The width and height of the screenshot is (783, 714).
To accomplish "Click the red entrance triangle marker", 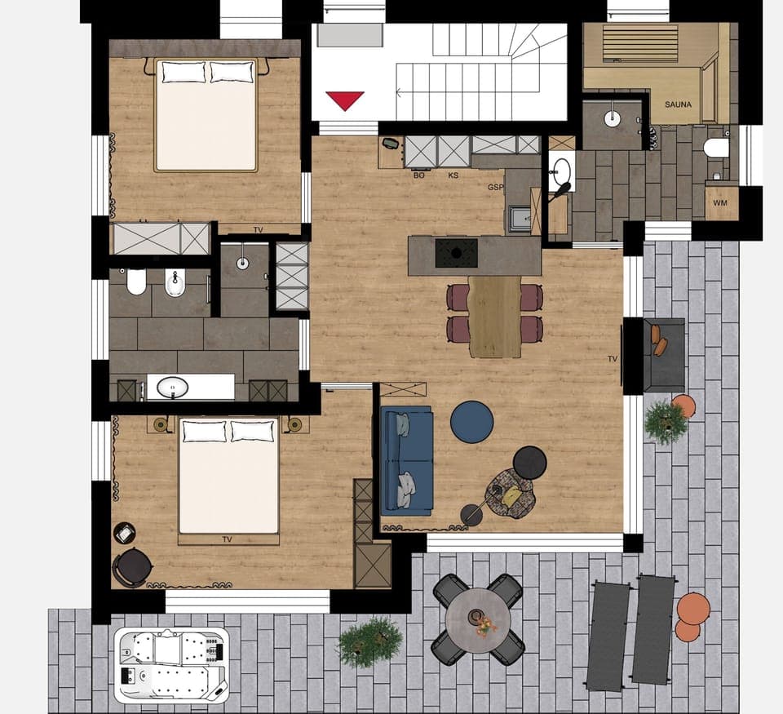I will [344, 100].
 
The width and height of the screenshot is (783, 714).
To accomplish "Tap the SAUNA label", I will [678, 105].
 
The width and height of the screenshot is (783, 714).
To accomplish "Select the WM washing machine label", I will [719, 202].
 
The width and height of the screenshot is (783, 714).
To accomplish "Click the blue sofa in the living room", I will [406, 461].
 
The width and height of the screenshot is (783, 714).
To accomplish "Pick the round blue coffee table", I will [472, 422].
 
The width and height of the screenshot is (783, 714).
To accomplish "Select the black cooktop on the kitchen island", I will [457, 253].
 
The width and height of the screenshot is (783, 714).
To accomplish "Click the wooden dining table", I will [494, 317].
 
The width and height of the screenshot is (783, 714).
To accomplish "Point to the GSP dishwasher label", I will [495, 188].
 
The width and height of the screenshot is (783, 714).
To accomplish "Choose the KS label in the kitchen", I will [453, 175].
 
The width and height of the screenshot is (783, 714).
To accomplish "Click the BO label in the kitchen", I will [419, 175].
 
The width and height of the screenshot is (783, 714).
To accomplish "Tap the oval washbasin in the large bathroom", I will [172, 387].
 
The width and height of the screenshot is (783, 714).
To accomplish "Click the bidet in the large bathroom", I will [175, 282].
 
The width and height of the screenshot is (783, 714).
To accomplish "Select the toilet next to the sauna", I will [716, 148].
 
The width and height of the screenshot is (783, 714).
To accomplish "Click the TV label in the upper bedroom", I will [258, 230].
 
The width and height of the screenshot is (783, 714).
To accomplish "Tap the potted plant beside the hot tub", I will [369, 641].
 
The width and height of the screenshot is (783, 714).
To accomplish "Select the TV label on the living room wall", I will [612, 358].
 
